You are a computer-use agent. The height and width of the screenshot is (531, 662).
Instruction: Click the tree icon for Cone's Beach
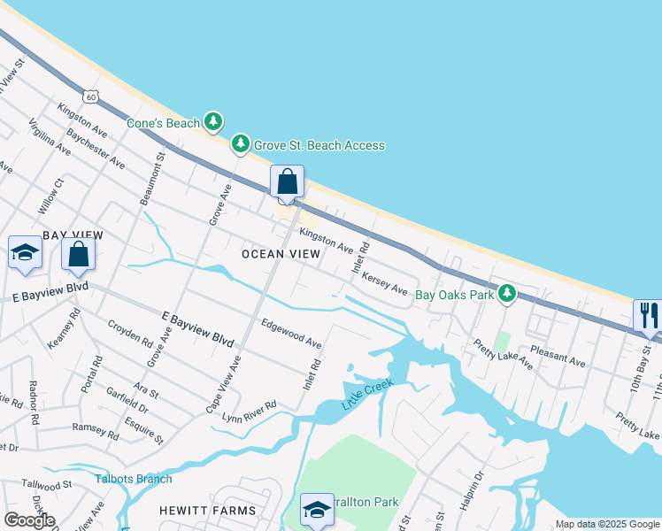[212, 122]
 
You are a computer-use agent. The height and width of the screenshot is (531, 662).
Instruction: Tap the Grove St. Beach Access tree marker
[240, 144]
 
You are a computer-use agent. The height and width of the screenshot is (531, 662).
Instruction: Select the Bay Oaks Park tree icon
[506, 293]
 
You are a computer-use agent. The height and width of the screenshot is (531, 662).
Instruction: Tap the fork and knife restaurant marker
[648, 316]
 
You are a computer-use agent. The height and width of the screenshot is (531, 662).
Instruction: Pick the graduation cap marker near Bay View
[25, 253]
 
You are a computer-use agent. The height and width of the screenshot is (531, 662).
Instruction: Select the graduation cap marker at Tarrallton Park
[317, 510]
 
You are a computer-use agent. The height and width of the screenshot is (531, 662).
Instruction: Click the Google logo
[29, 520]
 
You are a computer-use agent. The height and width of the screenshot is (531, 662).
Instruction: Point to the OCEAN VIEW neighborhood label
[275, 254]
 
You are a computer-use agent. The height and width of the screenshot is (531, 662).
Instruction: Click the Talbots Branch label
[134, 480]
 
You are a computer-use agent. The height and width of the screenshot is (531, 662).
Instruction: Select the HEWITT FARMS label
[207, 511]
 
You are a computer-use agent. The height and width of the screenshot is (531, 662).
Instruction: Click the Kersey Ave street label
[383, 282]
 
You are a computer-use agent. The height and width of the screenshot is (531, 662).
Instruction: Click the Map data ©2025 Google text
[607, 524]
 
